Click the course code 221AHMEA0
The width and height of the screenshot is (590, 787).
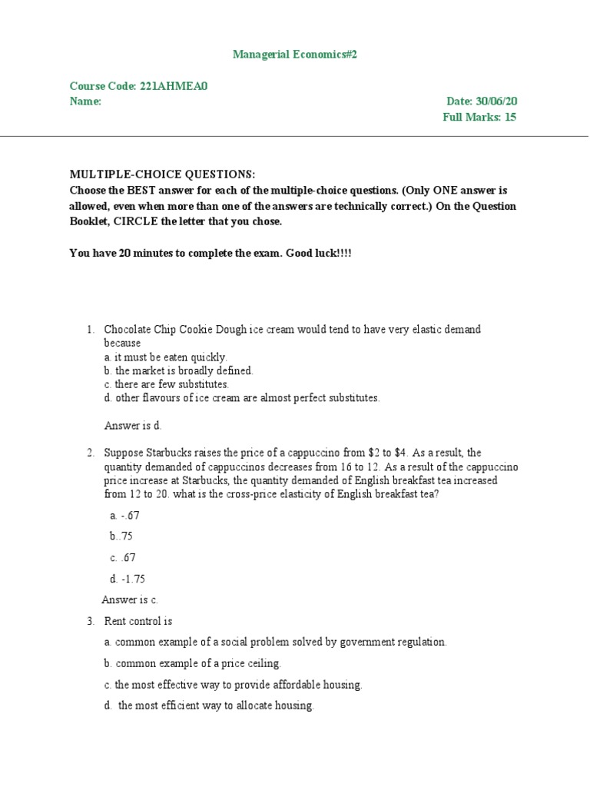coord(174,86)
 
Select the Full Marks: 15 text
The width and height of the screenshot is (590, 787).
coord(479,118)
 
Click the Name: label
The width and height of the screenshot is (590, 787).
coord(85,101)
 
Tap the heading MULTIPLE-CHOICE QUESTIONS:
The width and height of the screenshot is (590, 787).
coord(163,174)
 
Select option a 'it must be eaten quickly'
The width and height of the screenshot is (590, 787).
coord(166,357)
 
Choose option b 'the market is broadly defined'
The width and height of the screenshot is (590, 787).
coord(178,370)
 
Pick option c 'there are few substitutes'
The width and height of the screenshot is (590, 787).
coord(167,384)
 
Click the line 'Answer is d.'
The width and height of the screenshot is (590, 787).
coord(133,425)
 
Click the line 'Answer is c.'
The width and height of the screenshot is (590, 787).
coord(130,599)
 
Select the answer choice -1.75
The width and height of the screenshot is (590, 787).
coord(128,579)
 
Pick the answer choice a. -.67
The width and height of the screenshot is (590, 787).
coord(125,516)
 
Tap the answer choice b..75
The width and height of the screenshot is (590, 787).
coord(122,536)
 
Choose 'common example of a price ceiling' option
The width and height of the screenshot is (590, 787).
coord(193,662)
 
